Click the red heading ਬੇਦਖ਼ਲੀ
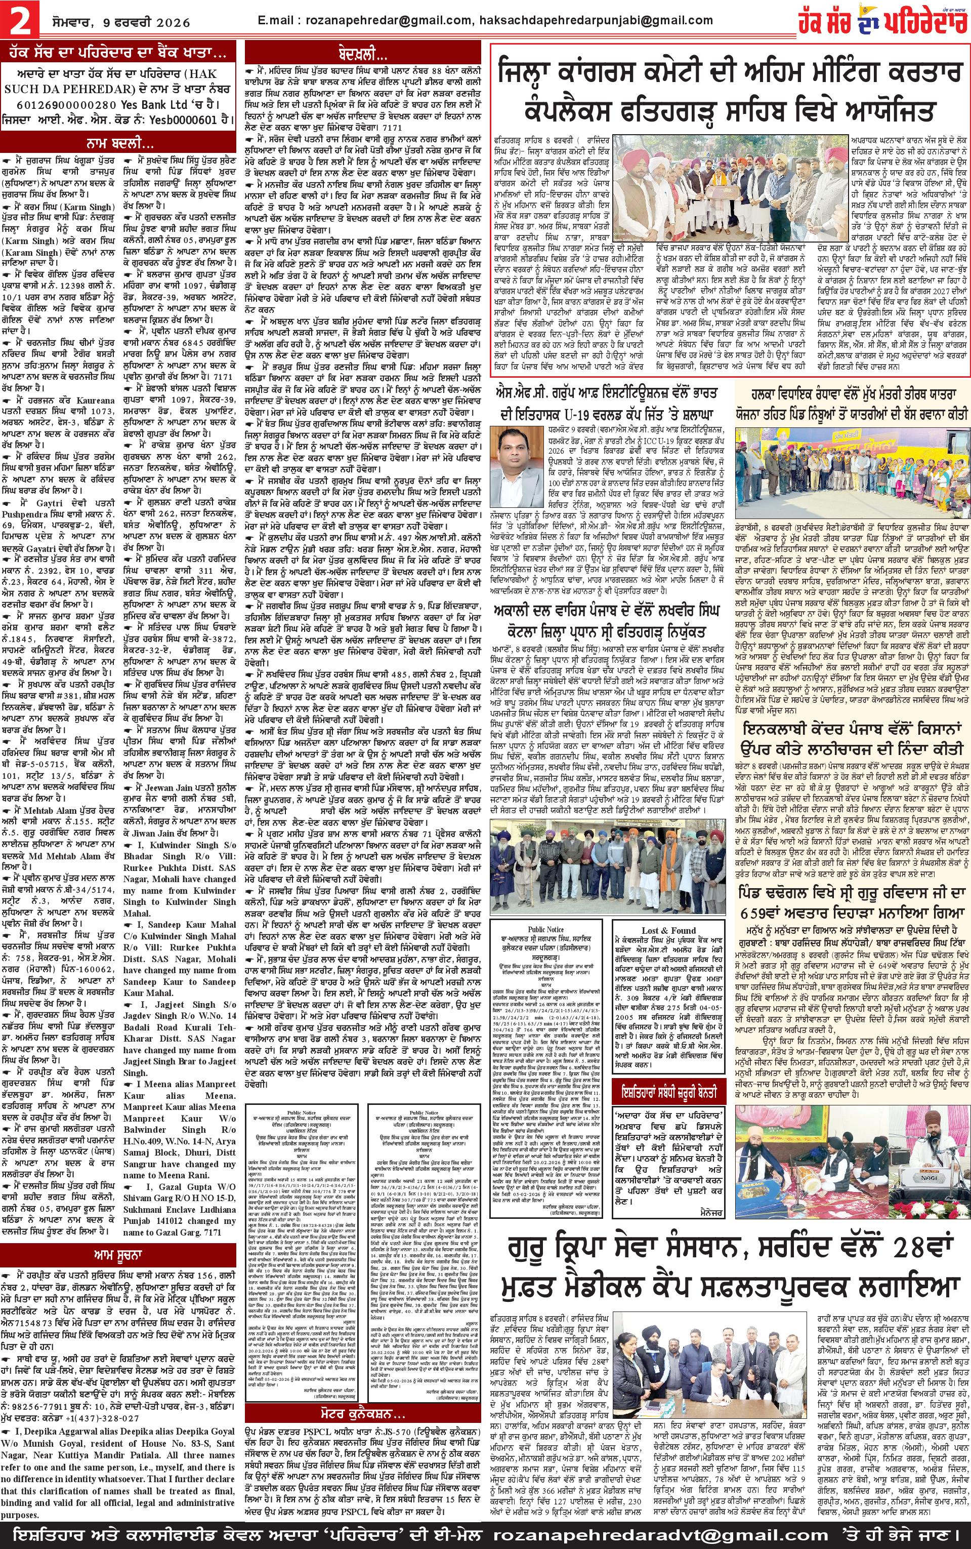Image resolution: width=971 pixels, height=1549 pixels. coord(363,55)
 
